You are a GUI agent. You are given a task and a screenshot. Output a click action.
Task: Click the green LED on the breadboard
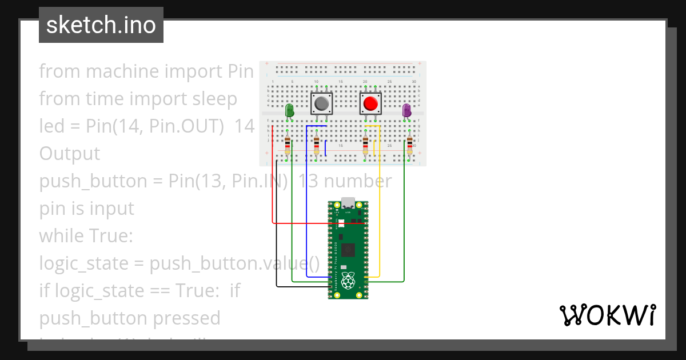(x=289, y=110)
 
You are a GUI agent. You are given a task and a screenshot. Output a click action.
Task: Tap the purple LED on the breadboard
(x=406, y=110)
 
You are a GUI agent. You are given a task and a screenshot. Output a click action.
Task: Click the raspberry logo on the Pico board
(x=348, y=280)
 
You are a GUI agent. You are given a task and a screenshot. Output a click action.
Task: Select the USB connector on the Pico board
(x=348, y=204)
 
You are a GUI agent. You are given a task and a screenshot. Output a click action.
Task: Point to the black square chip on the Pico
(x=348, y=249)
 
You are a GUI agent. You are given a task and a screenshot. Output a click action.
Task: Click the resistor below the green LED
(x=288, y=146)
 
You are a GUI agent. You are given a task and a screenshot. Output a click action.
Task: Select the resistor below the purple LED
(x=409, y=146)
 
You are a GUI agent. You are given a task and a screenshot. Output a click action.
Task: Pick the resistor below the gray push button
(x=317, y=146)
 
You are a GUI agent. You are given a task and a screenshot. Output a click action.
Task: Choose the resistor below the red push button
(x=365, y=146)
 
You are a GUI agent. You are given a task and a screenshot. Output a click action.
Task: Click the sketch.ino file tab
(x=101, y=25)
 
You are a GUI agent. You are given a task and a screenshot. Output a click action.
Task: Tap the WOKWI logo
(x=607, y=315)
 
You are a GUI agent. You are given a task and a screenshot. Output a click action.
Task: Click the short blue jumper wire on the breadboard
(x=325, y=148)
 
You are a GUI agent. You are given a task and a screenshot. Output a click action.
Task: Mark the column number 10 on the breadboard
(x=316, y=82)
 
